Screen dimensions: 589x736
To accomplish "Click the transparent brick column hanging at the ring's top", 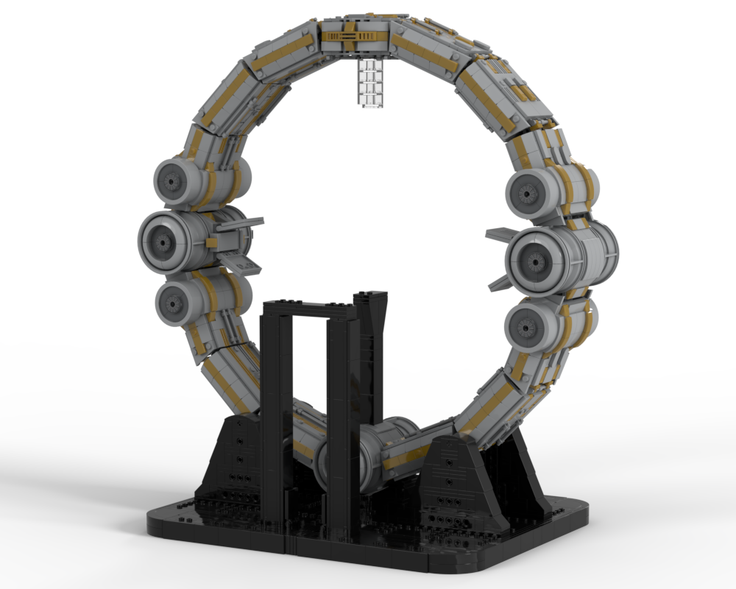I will pyautogui.click(x=371, y=83).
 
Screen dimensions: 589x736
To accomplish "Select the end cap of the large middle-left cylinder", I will pyautogui.click(x=161, y=242).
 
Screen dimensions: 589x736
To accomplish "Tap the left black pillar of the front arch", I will pyautogui.click(x=276, y=412).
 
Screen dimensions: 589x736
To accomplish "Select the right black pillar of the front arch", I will pyautogui.click(x=338, y=427).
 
